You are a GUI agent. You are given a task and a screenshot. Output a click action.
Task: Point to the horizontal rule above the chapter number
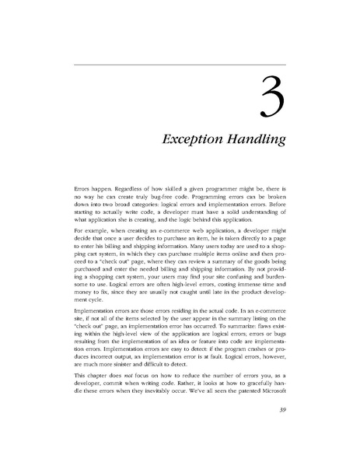click(180, 64)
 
